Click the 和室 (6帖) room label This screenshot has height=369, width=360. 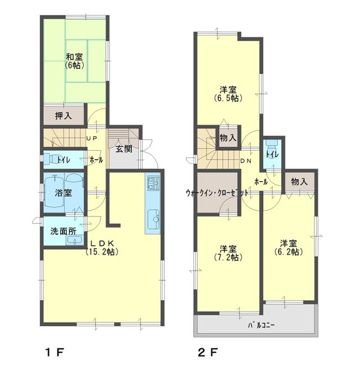pyautogui.click(x=74, y=61)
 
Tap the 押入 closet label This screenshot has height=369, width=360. pyautogui.click(x=63, y=116)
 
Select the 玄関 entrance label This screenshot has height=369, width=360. pyautogui.click(x=124, y=149)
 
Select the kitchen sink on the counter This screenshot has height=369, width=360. pyautogui.click(x=152, y=217)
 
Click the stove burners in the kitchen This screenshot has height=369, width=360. pyautogui.click(x=153, y=183)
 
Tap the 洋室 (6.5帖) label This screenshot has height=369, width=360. pyautogui.click(x=228, y=93)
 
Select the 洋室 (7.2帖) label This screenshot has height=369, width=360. pyautogui.click(x=228, y=253)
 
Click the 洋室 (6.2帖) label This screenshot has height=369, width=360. pyautogui.click(x=289, y=247)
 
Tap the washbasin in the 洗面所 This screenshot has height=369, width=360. pyautogui.click(x=71, y=240)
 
